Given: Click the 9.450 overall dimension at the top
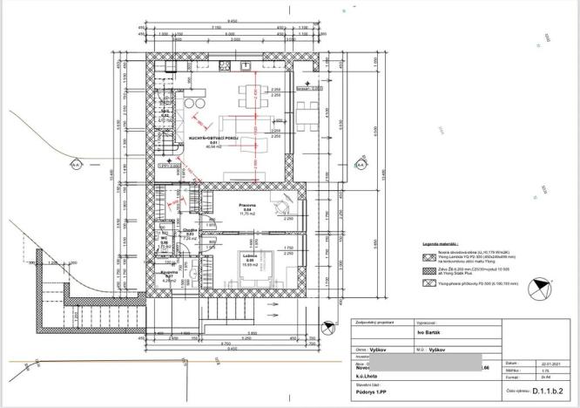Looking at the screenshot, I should click(x=233, y=20).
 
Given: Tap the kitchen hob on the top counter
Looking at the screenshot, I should click(x=225, y=67).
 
